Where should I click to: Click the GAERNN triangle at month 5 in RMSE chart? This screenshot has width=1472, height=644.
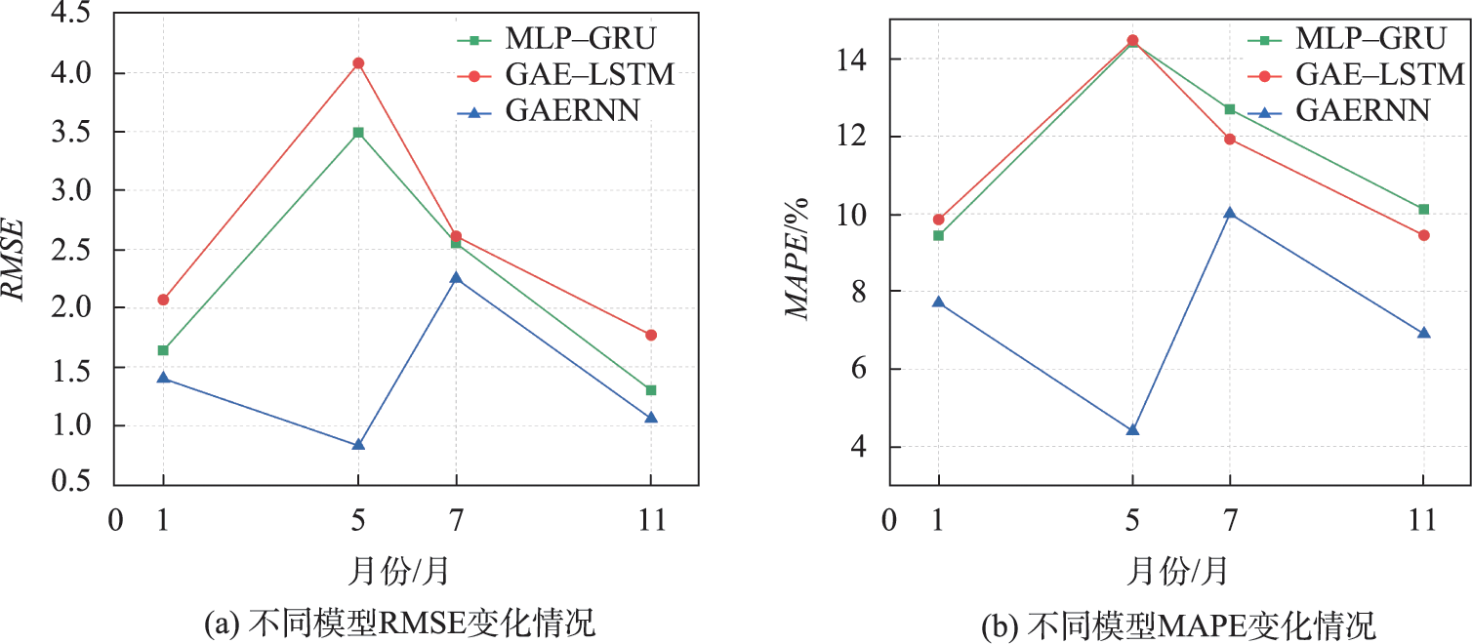point(358,445)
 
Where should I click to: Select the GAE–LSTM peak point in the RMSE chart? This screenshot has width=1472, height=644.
point(358,62)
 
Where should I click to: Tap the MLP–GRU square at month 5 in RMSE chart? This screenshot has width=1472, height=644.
point(358,132)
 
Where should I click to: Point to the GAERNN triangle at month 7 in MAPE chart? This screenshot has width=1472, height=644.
point(1230,213)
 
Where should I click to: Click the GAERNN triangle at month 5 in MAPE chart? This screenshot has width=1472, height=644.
point(1132,430)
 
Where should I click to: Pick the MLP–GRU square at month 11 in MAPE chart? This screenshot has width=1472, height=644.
point(1424,209)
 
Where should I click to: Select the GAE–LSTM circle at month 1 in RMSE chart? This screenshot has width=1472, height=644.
point(163,300)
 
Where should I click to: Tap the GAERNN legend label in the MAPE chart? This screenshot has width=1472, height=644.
point(1363,109)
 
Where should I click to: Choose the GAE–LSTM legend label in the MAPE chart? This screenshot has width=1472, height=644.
point(1380,74)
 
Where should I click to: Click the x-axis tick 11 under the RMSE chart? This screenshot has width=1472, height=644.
point(650,520)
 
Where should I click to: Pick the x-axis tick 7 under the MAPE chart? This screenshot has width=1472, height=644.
point(1230,520)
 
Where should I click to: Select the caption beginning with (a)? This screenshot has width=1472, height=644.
point(397,622)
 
